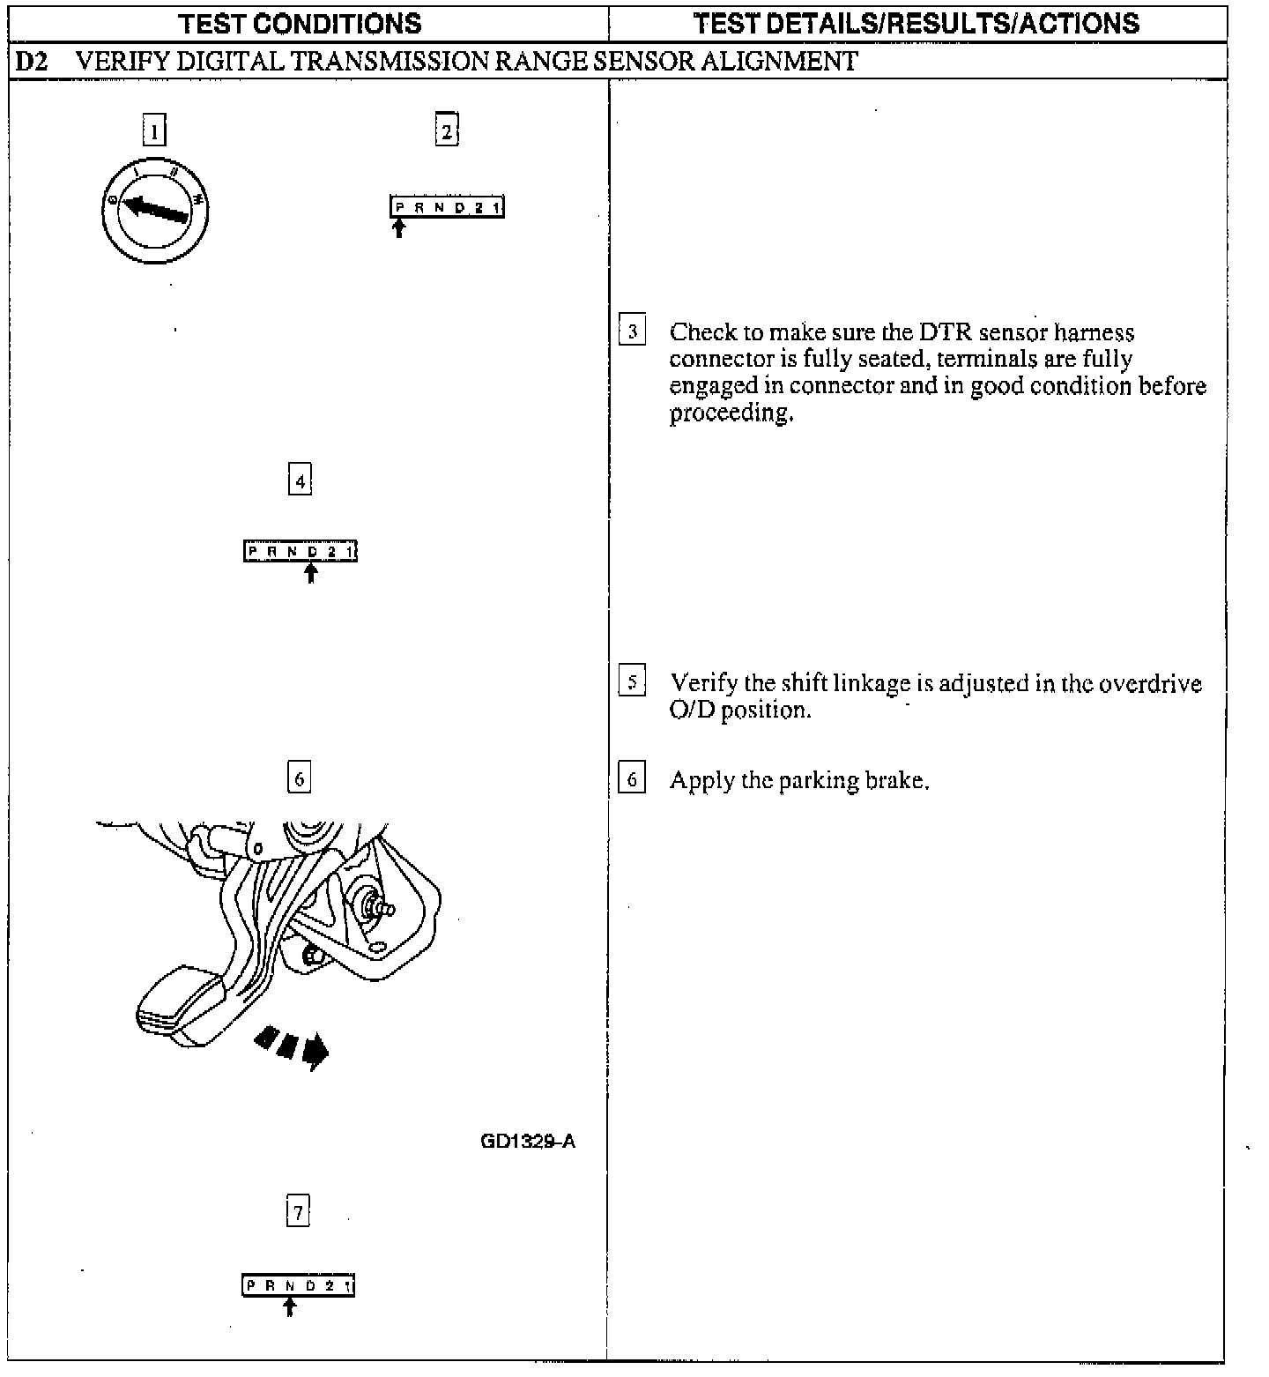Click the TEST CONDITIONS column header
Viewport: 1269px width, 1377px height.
coord(300,23)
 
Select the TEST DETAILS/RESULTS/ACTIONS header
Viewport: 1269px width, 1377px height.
coord(916,23)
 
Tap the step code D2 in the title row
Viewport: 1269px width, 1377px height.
coord(32,61)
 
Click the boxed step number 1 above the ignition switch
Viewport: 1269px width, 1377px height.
coord(154,131)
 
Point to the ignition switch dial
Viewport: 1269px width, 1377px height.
coord(155,210)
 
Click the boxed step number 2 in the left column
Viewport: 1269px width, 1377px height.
coord(447,130)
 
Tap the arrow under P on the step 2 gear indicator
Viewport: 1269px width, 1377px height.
coord(399,228)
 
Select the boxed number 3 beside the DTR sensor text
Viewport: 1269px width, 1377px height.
coord(632,331)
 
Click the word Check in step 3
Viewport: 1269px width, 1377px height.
coord(702,332)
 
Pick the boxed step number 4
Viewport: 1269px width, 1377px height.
coord(300,480)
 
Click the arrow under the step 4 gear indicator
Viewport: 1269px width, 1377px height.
coord(310,573)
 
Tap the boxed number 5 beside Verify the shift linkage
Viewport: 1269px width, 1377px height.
coord(632,681)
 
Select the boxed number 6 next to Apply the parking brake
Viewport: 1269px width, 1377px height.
coord(632,779)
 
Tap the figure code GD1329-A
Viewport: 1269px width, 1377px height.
coord(528,1141)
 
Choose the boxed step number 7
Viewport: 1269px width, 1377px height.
coord(299,1212)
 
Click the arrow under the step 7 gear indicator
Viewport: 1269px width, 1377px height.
coord(289,1306)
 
